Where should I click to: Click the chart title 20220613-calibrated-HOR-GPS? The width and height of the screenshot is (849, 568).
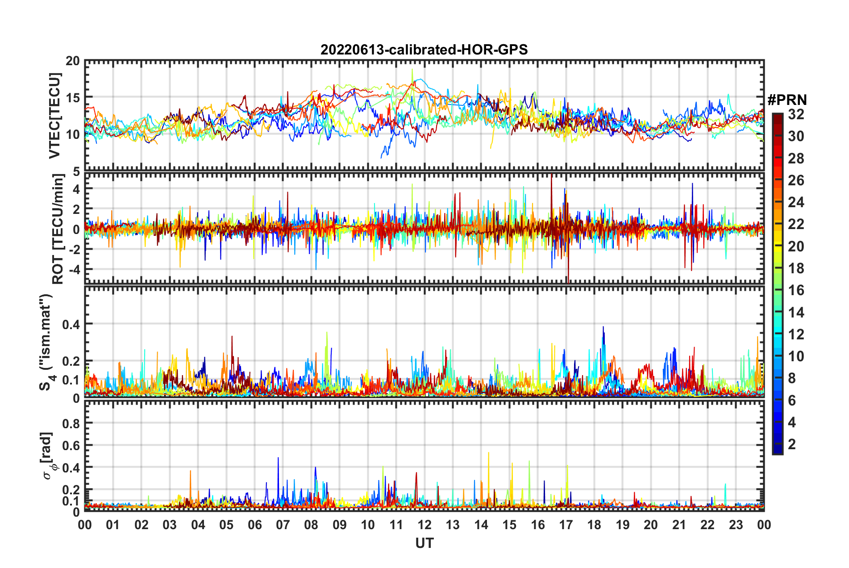(x=424, y=50)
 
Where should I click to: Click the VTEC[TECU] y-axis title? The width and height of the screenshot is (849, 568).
(x=54, y=116)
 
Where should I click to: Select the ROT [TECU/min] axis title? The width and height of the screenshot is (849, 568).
(x=58, y=229)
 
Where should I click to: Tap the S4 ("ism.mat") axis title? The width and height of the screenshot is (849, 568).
(x=46, y=342)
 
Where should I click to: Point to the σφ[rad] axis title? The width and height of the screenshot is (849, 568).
(x=47, y=455)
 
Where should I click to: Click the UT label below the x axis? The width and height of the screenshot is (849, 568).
(x=424, y=543)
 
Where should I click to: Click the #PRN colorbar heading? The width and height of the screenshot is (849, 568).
(x=787, y=100)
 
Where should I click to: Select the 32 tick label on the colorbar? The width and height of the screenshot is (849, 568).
(x=796, y=114)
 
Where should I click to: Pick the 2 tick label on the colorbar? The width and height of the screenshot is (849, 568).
(x=792, y=444)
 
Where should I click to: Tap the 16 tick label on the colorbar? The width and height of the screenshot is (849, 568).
(x=796, y=290)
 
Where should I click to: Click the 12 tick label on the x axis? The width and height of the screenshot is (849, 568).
(x=424, y=525)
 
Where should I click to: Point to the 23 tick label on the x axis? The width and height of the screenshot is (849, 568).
(x=736, y=525)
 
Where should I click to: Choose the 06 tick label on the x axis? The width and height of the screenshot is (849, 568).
(x=254, y=525)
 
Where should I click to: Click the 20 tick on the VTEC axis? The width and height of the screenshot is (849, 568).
(x=73, y=61)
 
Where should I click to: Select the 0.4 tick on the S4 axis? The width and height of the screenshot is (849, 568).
(x=71, y=324)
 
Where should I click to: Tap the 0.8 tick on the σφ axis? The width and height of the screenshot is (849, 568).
(x=71, y=423)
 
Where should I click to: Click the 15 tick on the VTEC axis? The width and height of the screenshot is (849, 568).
(x=73, y=97)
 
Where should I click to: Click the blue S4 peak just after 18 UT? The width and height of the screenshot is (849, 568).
(x=603, y=327)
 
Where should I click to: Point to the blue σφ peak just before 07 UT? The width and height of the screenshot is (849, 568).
(x=278, y=458)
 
